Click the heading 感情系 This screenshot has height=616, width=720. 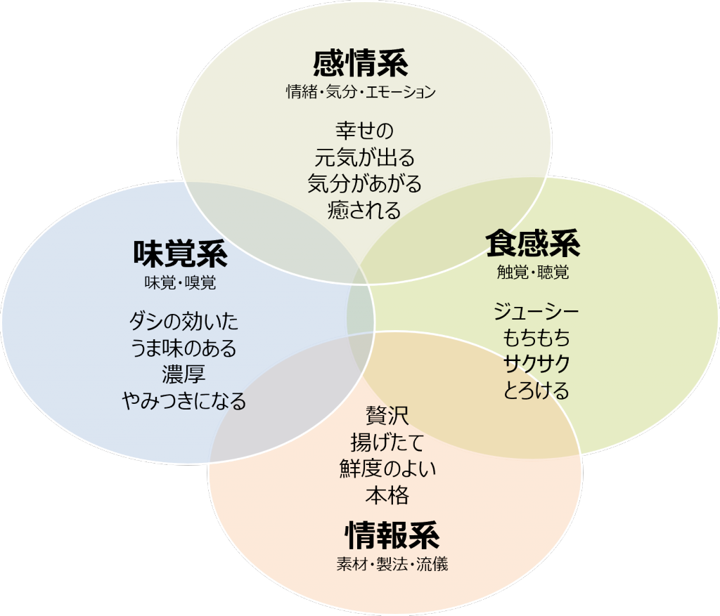pyautogui.click(x=361, y=63)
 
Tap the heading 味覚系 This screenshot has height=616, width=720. pyautogui.click(x=181, y=253)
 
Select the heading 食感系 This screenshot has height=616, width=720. pyautogui.click(x=533, y=243)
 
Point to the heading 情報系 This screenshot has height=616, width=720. pyautogui.click(x=392, y=535)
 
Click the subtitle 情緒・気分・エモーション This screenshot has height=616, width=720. pyautogui.click(x=361, y=92)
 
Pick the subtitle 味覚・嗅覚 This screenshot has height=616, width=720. pyautogui.click(x=181, y=282)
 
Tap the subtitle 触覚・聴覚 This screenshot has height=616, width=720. pyautogui.click(x=533, y=273)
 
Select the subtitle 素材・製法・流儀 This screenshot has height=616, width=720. pyautogui.click(x=392, y=564)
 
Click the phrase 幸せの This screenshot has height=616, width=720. pyautogui.click(x=365, y=131)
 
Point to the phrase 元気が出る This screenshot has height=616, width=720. pyautogui.click(x=365, y=157)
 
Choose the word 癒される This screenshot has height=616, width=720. pyautogui.click(x=365, y=211)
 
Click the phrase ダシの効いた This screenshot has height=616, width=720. pyautogui.click(x=184, y=321)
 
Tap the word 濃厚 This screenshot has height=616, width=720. pyautogui.click(x=184, y=374)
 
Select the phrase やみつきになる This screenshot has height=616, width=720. pyautogui.click(x=184, y=401)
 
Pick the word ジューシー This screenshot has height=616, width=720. pyautogui.click(x=536, y=312)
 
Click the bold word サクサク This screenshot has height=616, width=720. pyautogui.click(x=536, y=364)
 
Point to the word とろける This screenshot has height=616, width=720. pyautogui.click(x=536, y=391)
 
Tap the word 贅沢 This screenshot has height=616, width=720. pyautogui.click(x=387, y=416)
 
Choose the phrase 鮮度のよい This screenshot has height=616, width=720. pyautogui.click(x=387, y=468)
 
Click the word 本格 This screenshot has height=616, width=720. pyautogui.click(x=387, y=495)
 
